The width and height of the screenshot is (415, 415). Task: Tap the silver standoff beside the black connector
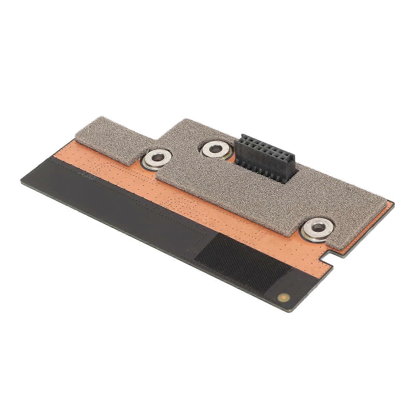coord(215,150)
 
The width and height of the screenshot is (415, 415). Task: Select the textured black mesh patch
coord(244,259)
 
